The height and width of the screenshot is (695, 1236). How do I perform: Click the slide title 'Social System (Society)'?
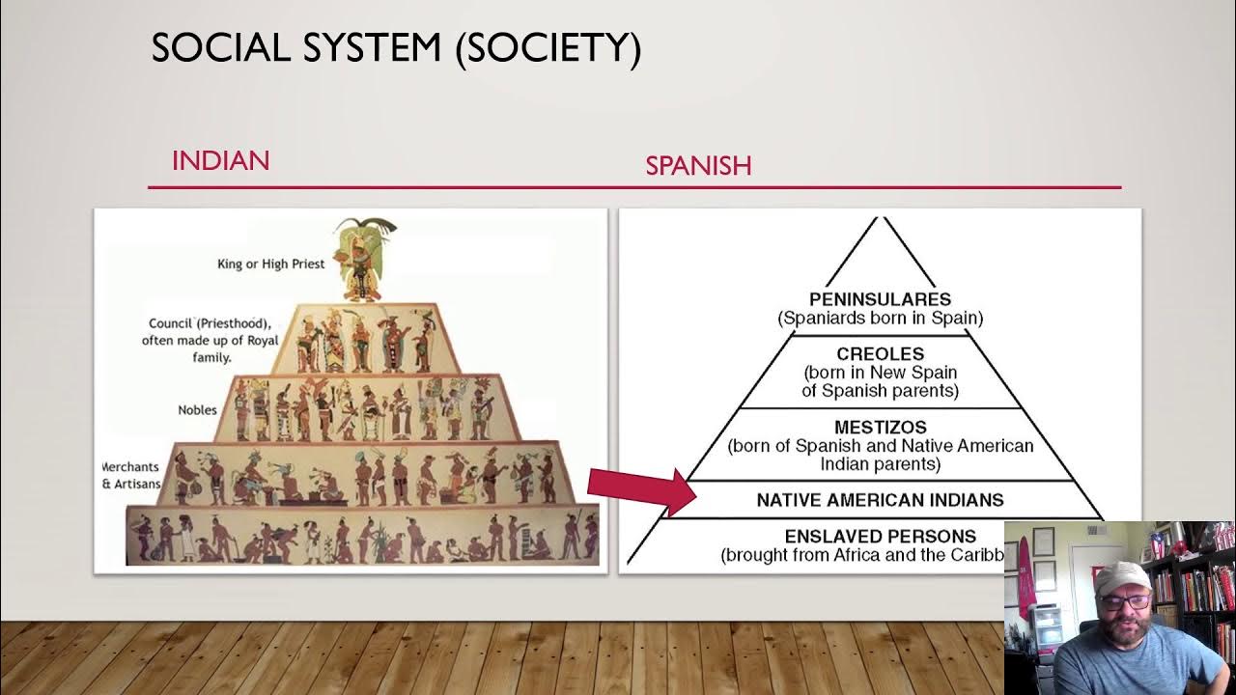[396, 48]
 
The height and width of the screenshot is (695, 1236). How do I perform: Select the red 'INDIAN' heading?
[220, 160]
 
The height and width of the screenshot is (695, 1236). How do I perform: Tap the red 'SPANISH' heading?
[698, 166]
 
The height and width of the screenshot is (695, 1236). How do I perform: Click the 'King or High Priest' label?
[270, 264]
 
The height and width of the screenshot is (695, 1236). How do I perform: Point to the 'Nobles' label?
[197, 410]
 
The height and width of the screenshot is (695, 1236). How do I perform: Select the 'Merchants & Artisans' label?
[131, 475]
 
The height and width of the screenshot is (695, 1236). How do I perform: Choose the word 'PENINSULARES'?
[880, 300]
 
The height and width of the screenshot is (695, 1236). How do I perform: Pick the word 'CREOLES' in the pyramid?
[880, 354]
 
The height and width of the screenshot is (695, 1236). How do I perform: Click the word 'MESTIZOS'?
[880, 427]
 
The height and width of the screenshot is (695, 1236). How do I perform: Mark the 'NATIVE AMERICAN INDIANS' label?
[880, 500]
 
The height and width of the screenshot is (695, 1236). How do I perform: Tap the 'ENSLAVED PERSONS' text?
[880, 536]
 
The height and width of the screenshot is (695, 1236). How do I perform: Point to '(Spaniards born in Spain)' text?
[880, 318]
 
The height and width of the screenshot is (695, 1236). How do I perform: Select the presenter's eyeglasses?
[1124, 601]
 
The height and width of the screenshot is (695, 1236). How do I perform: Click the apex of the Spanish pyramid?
[879, 220]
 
